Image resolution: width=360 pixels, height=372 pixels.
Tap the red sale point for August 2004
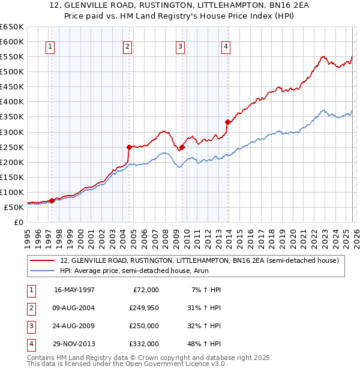tap(129, 146)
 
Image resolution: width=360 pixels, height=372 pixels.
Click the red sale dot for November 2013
tap(227, 122)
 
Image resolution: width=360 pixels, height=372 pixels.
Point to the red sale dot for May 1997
tap(52, 200)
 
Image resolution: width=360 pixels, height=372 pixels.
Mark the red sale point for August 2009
tap(182, 146)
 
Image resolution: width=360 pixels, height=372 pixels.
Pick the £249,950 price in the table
tap(143, 307)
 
